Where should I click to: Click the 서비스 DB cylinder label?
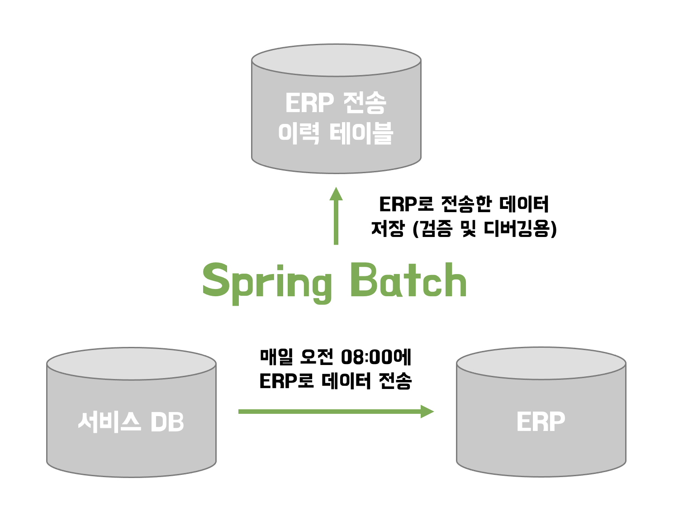coord(131,422)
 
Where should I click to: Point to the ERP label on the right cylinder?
coord(541,422)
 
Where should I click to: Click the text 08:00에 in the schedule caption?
coord(376,357)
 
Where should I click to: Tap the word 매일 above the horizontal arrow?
coord(276,357)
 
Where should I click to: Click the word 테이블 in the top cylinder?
coord(361,133)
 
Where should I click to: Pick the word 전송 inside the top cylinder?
coord(365,103)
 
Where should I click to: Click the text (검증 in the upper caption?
coord(432,229)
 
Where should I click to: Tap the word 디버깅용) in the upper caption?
coord(520,229)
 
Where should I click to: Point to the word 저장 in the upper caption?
coord(387,229)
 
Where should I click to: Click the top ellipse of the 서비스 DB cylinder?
coord(131,364)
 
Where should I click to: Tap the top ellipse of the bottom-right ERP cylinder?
coord(541,363)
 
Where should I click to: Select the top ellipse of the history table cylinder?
coord(336,60)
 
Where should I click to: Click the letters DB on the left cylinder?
coord(167,422)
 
